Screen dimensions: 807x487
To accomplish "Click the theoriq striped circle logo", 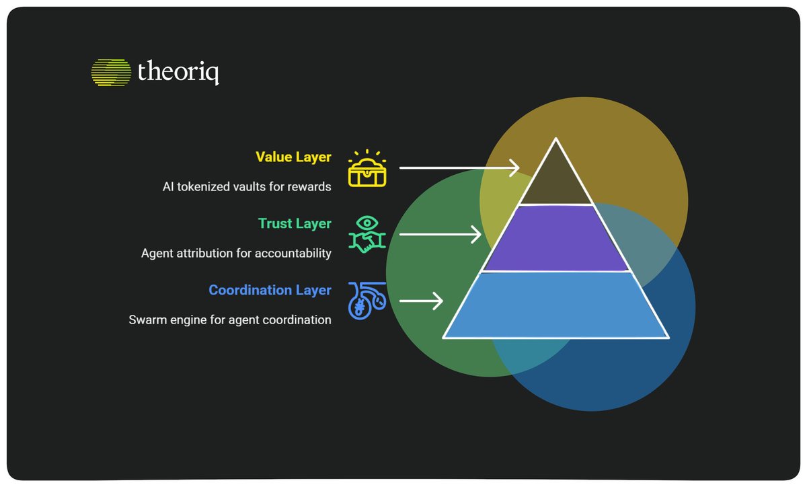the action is click(x=111, y=73).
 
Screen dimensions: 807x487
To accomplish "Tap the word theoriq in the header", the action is click(x=178, y=72).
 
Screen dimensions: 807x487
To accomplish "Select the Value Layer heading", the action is click(x=293, y=157).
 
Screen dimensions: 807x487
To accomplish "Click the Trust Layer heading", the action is click(x=295, y=223).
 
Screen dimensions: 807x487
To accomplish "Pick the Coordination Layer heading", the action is click(x=270, y=290).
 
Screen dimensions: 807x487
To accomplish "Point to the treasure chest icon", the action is click(x=367, y=168).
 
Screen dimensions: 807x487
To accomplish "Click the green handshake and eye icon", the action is click(x=367, y=234).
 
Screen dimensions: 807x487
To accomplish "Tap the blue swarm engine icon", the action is click(x=367, y=301).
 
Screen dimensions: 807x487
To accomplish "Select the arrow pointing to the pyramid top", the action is click(x=459, y=167).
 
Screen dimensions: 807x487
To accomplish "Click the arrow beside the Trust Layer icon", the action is click(x=440, y=234).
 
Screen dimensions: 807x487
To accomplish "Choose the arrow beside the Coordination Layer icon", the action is click(x=421, y=301).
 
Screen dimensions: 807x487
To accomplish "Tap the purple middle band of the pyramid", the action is click(x=556, y=238).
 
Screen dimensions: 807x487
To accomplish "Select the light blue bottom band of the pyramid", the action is click(x=556, y=305).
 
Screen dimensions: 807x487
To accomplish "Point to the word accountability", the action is click(x=293, y=254).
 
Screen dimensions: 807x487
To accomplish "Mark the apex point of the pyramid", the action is click(x=556, y=138).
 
